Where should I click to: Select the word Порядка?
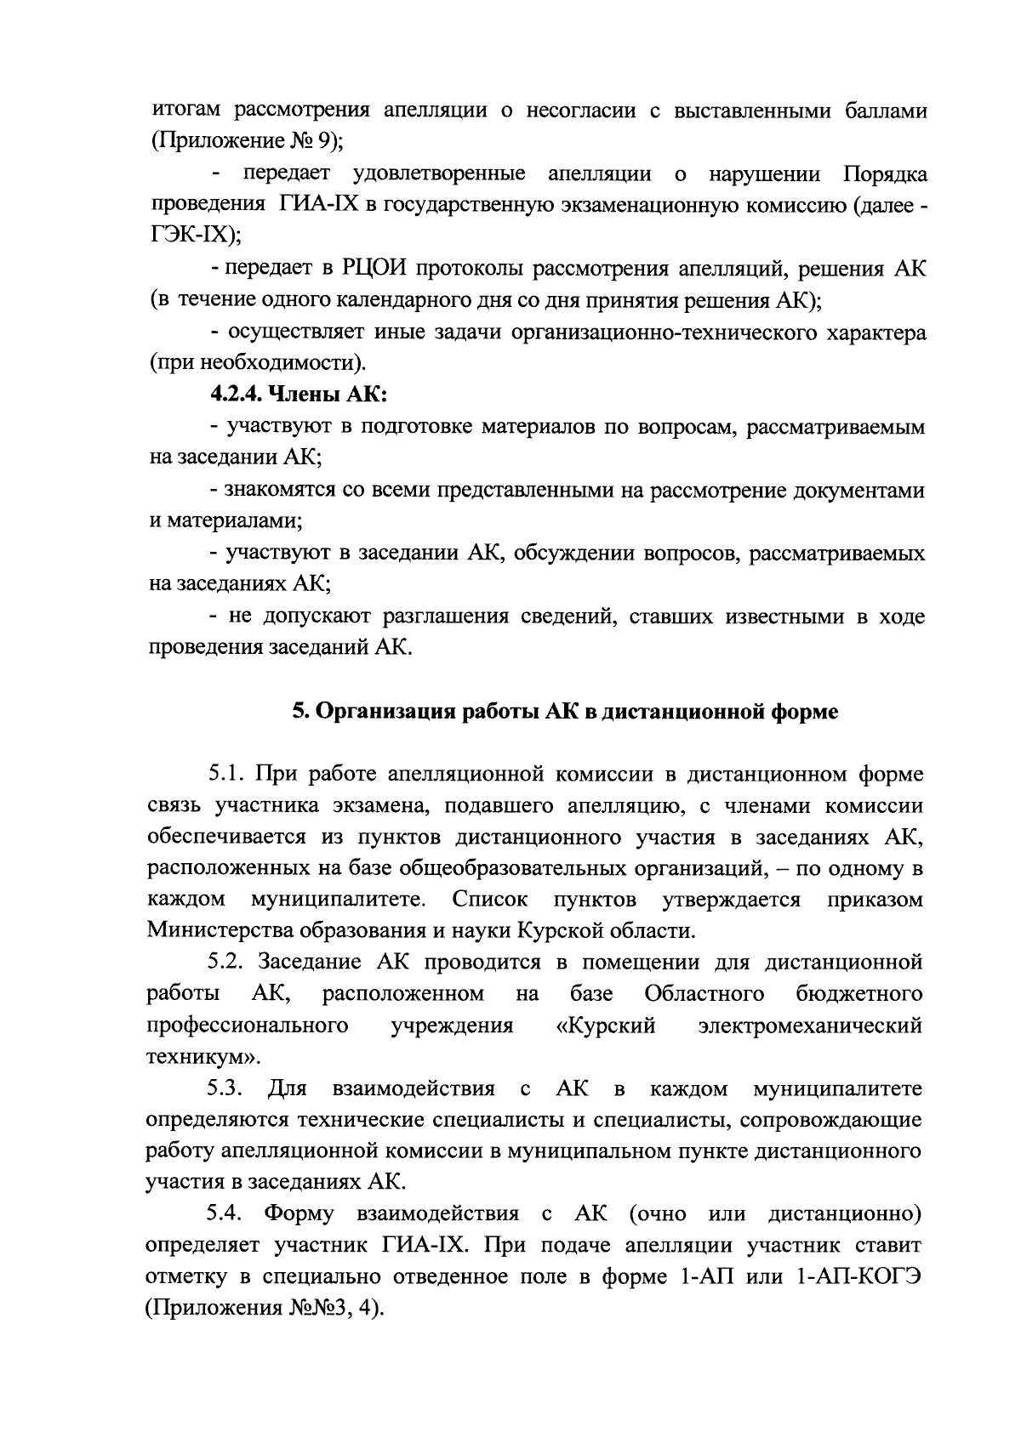[885, 175]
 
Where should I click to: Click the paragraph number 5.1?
[226, 775]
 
